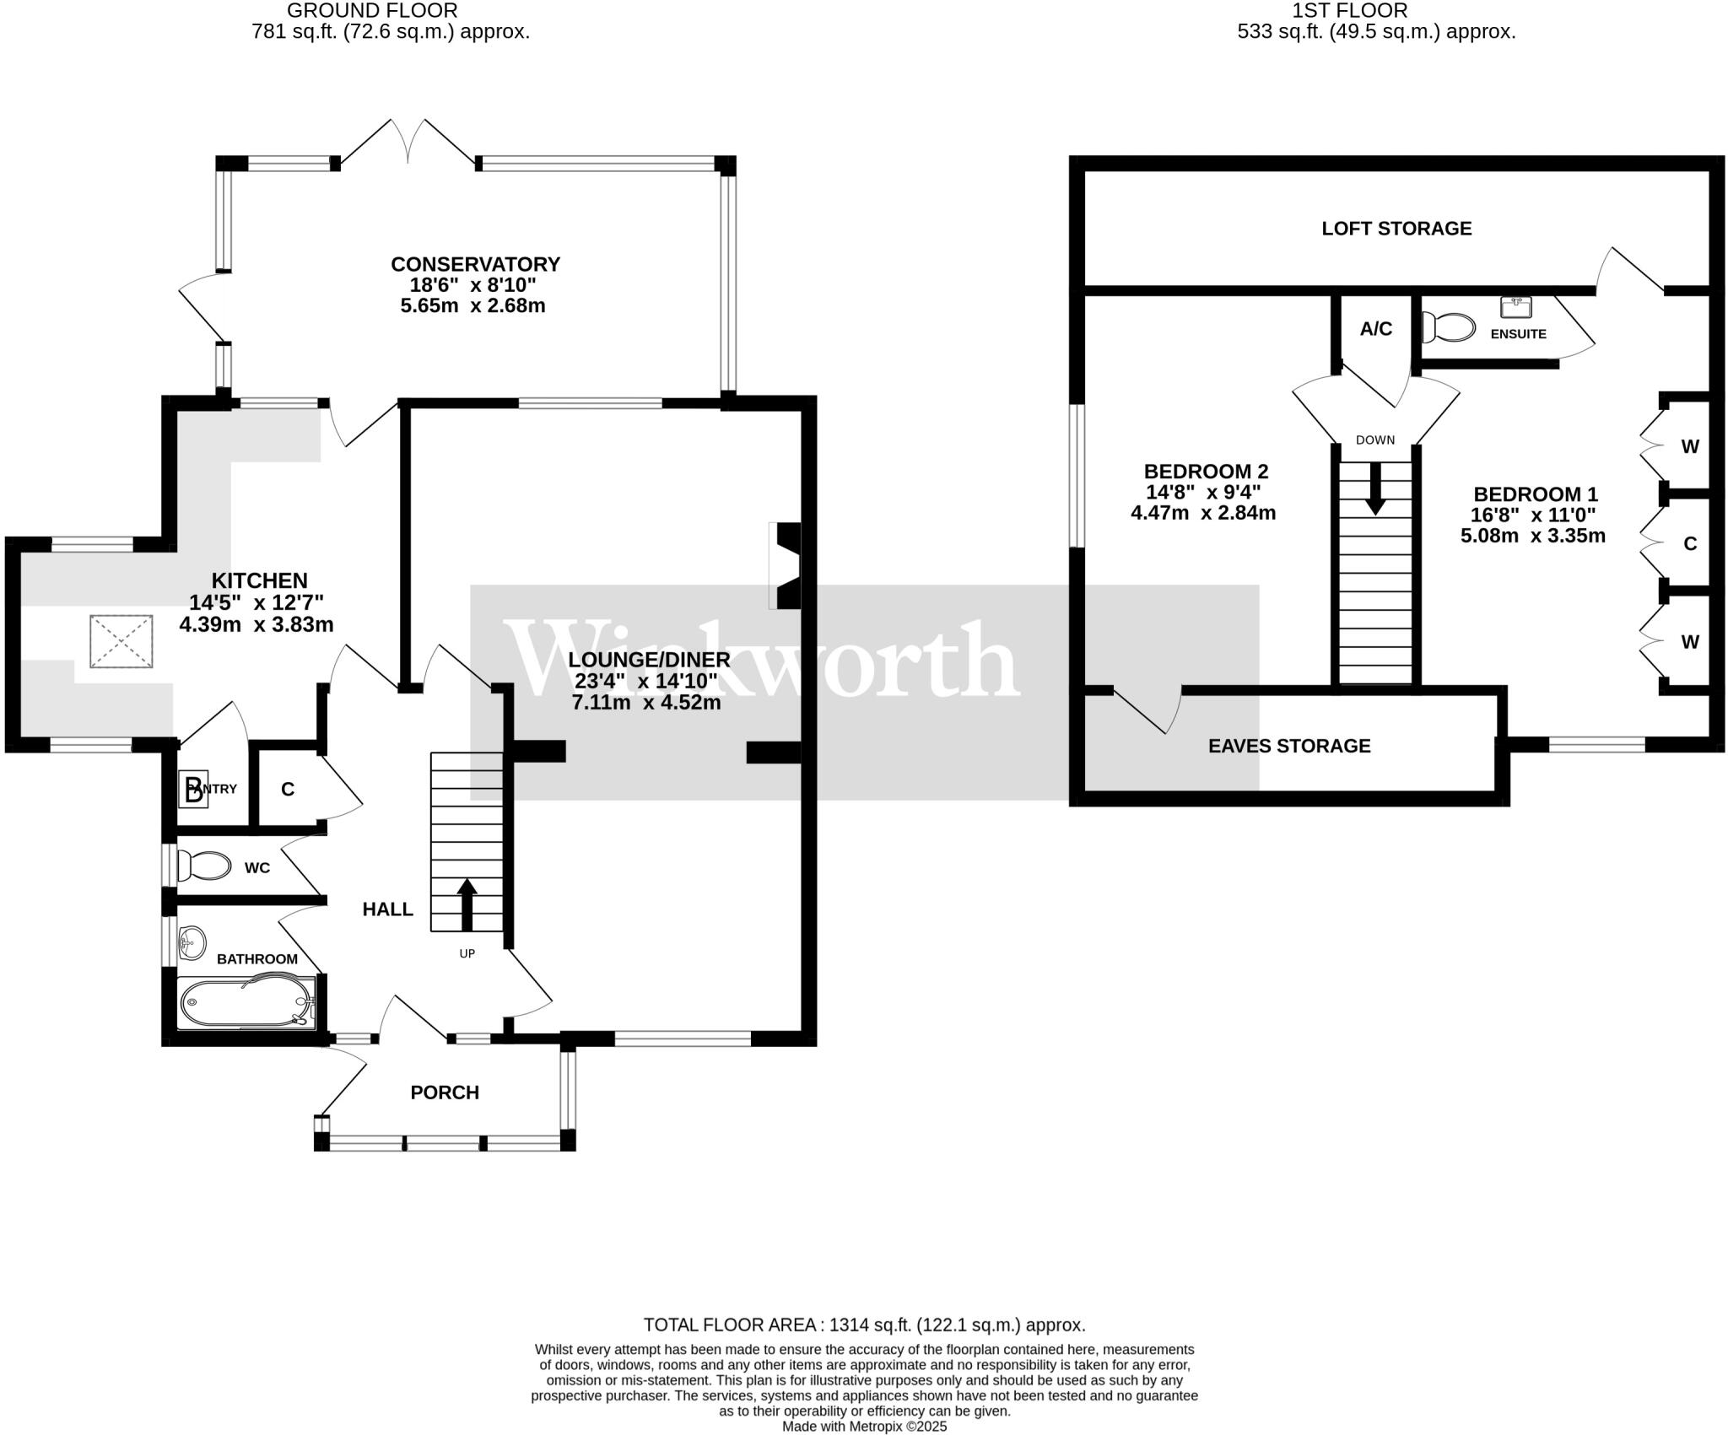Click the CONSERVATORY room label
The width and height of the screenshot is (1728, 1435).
click(475, 264)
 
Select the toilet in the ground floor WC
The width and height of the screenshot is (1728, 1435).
click(204, 866)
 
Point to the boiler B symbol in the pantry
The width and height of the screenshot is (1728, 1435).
click(193, 790)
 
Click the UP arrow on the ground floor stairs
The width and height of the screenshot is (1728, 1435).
click(466, 904)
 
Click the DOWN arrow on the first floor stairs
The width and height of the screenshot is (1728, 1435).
click(1375, 489)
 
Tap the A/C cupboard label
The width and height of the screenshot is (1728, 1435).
click(1375, 329)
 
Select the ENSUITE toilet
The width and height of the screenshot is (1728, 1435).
click(1448, 327)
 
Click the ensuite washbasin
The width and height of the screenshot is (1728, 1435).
click(1515, 306)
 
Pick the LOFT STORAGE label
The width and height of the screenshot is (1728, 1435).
click(1396, 229)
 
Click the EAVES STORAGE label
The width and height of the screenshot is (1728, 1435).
click(1289, 746)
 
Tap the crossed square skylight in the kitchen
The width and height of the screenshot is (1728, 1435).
click(121, 641)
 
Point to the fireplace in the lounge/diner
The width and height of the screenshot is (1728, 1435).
click(786, 565)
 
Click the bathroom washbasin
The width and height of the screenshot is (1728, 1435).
click(192, 942)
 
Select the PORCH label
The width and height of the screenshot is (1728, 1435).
click(445, 1092)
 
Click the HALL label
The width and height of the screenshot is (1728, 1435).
click(387, 909)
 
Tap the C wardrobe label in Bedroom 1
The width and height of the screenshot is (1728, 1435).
click(1689, 544)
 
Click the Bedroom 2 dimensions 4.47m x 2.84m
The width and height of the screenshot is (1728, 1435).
click(1203, 513)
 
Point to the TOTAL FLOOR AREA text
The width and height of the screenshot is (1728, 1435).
click(864, 1324)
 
